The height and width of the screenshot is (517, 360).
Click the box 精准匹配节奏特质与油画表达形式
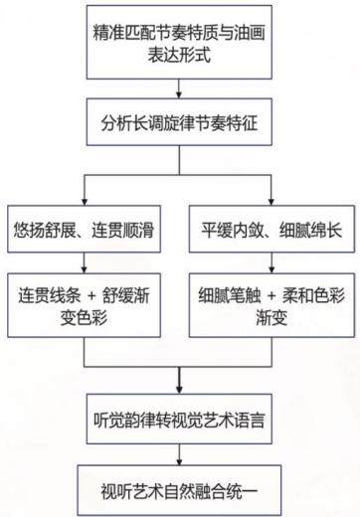pyautogui.click(x=179, y=42)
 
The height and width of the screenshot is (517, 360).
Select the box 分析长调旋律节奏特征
pyautogui.click(x=179, y=122)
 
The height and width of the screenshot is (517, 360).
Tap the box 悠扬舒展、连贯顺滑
pyautogui.click(x=85, y=229)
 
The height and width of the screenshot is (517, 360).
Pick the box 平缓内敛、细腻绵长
pyautogui.click(x=271, y=229)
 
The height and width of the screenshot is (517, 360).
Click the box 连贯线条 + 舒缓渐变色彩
pyautogui.click(x=85, y=305)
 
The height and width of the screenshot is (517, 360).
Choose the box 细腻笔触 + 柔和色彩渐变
pyautogui.click(x=271, y=305)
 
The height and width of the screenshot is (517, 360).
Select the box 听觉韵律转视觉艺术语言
pyautogui.click(x=179, y=419)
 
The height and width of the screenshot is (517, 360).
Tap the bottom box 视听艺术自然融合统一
pyautogui.click(x=179, y=490)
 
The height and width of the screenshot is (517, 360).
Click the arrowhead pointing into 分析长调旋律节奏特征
pyautogui.click(x=179, y=94)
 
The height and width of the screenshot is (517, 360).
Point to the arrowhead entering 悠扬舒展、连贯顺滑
pyautogui.click(x=85, y=202)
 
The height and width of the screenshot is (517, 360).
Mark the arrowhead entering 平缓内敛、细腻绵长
pyautogui.click(x=271, y=202)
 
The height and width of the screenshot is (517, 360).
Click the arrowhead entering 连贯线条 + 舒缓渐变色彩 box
pyautogui.click(x=85, y=269)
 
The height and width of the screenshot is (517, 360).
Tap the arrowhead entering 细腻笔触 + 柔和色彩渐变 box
pyautogui.click(x=271, y=269)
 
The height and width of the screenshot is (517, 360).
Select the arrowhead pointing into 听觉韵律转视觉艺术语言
pyautogui.click(x=179, y=390)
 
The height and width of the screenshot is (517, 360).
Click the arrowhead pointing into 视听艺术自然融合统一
pyautogui.click(x=179, y=461)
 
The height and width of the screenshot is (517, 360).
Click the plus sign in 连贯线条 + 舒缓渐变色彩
pyautogui.click(x=92, y=295)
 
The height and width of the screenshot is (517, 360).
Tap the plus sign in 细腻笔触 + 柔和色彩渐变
pyautogui.click(x=271, y=295)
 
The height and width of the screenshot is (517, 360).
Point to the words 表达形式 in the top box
pyautogui.click(x=179, y=54)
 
